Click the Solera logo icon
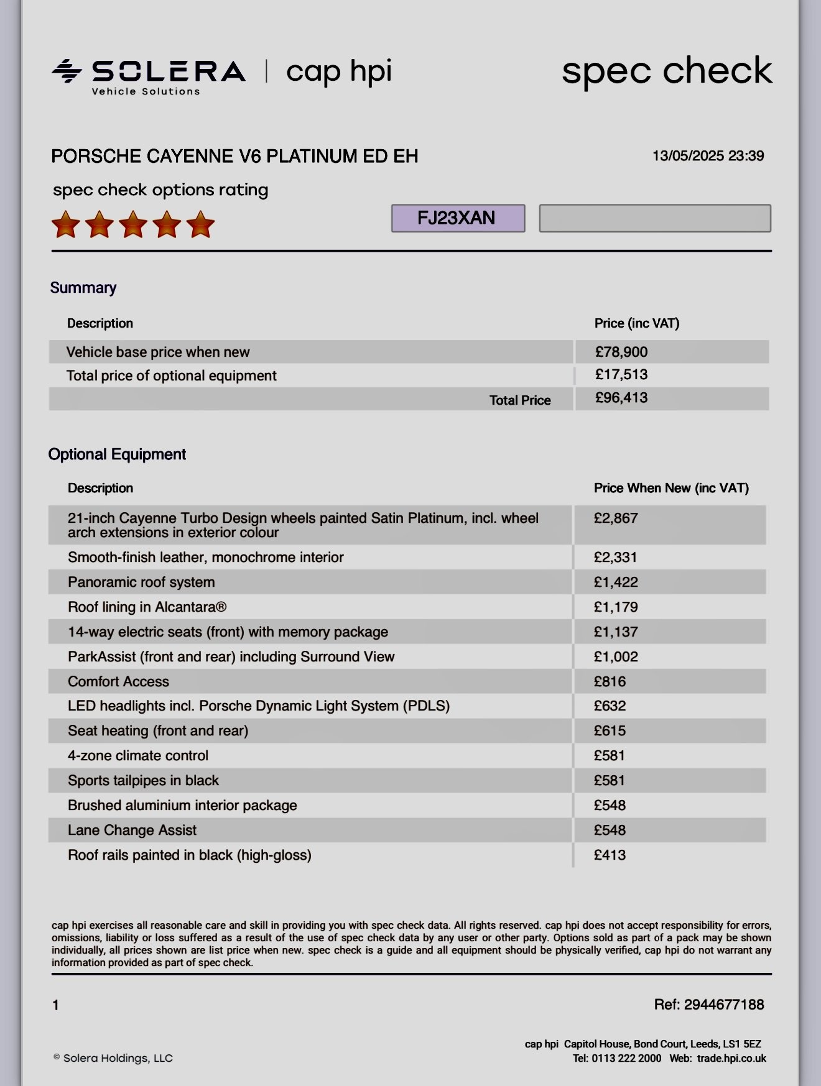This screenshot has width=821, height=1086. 67,71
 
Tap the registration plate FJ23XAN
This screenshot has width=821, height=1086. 458,218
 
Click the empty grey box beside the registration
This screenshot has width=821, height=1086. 655,218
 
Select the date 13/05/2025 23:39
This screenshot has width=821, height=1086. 708,156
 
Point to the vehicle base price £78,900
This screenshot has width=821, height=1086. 621,352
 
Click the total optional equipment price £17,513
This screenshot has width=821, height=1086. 621,374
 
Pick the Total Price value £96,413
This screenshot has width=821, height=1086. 621,398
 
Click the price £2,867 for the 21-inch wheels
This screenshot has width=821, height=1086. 616,518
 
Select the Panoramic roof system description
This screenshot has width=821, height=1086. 141,582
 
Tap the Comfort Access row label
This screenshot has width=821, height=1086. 118,681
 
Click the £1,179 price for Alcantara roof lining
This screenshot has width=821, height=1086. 616,607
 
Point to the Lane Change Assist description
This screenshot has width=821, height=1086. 132,830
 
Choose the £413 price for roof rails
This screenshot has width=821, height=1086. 610,855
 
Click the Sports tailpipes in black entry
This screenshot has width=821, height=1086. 143,780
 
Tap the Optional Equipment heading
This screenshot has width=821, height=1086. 117,454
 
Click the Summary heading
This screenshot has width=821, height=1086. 83,288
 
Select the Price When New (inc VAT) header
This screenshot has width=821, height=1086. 671,488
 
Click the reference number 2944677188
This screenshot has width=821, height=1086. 723,1005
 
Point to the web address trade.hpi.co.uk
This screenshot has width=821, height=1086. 731,1058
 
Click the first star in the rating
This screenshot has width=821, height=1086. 66,224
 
